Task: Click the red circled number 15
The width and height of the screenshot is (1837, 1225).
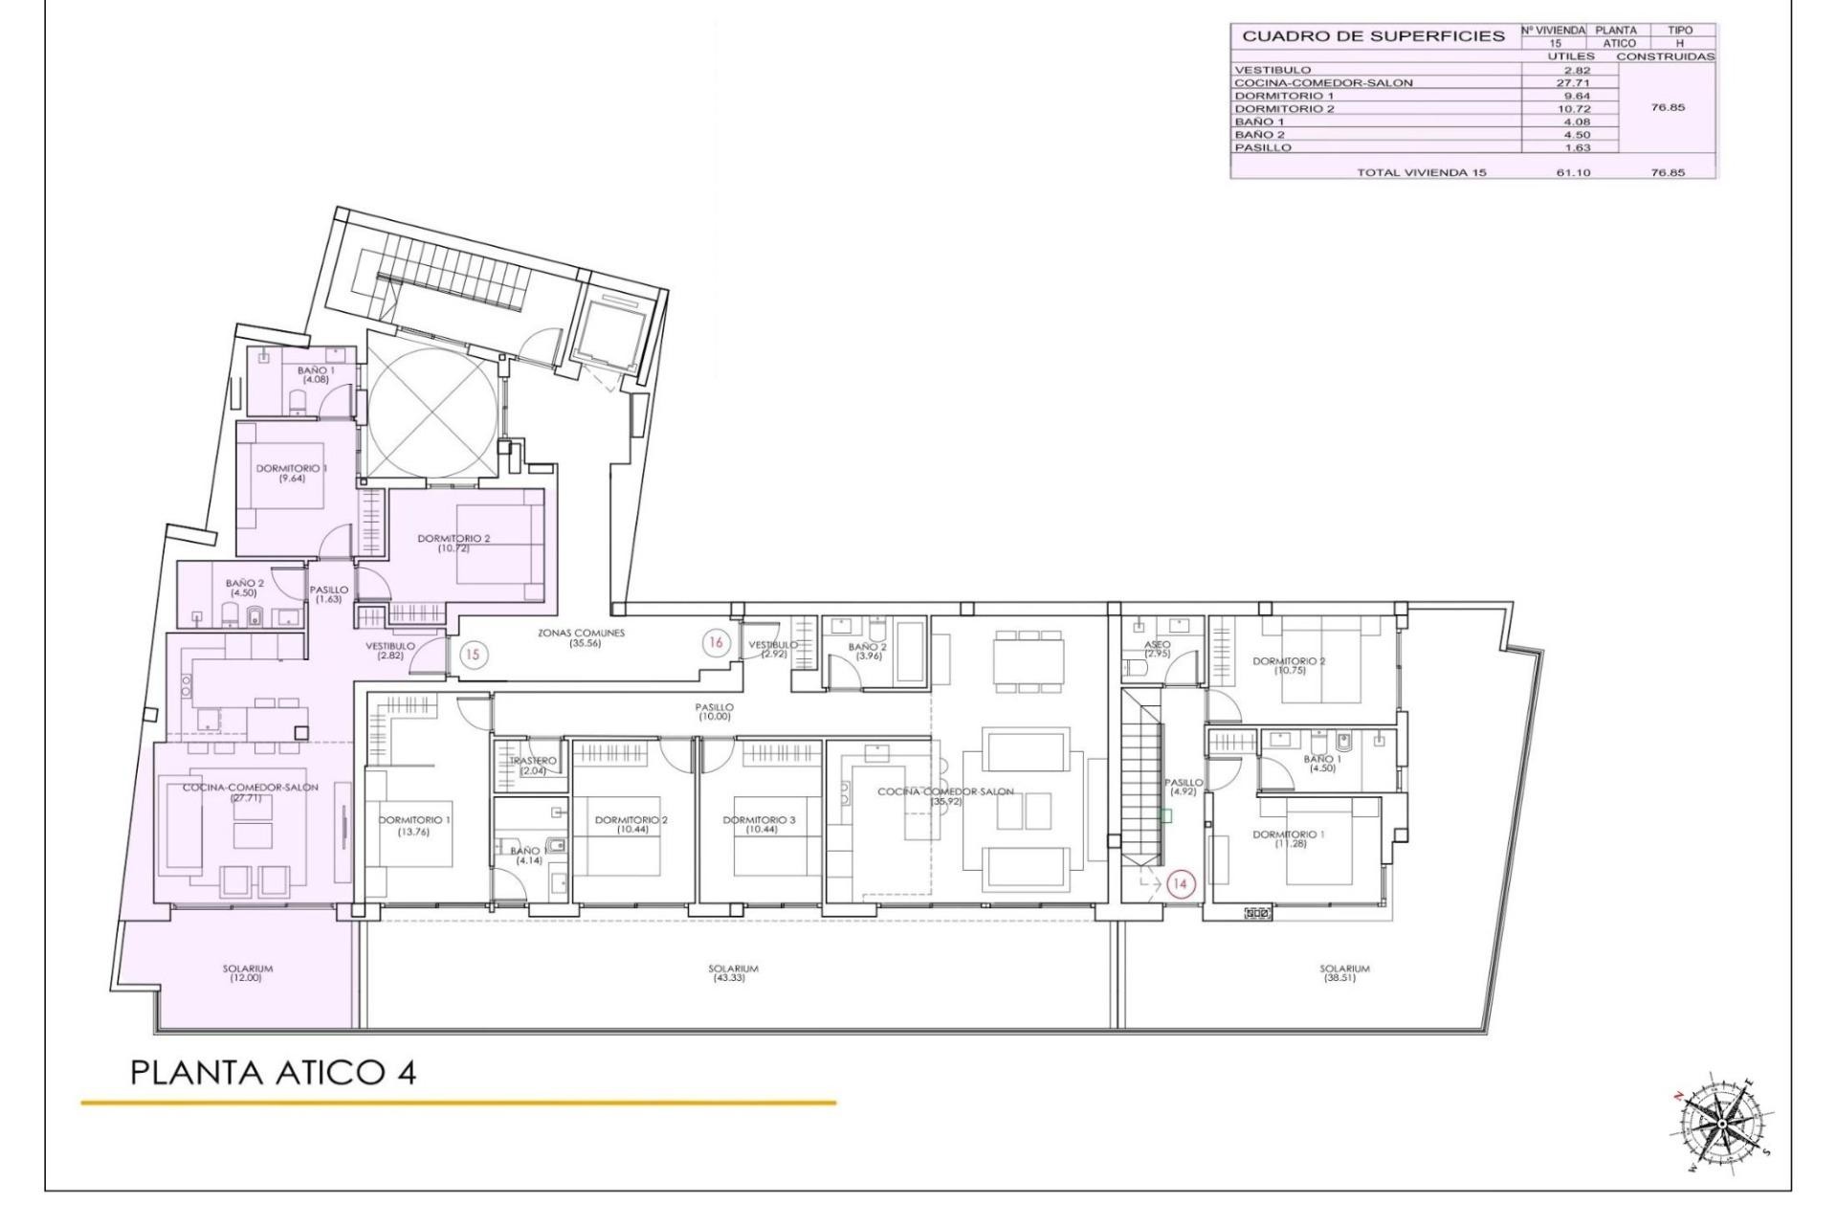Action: pyautogui.click(x=473, y=656)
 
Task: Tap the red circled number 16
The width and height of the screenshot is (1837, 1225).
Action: pyautogui.click(x=716, y=642)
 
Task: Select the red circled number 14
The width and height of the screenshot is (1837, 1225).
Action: pyautogui.click(x=1180, y=884)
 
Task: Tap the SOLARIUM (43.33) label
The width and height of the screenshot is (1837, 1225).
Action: pyautogui.click(x=733, y=973)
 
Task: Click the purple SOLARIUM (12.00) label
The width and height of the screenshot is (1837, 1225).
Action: pyautogui.click(x=248, y=973)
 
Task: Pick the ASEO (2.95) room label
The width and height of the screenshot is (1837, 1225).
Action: pyautogui.click(x=1157, y=649)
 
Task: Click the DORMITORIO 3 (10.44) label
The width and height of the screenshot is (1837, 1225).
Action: pyautogui.click(x=759, y=825)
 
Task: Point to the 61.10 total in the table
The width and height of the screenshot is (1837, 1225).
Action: pyautogui.click(x=1573, y=172)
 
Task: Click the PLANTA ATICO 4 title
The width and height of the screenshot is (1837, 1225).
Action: pyautogui.click(x=273, y=1072)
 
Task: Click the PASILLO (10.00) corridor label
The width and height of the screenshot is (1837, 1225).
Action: pyautogui.click(x=714, y=711)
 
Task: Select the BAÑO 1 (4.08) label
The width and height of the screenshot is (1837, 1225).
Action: pyautogui.click(x=316, y=374)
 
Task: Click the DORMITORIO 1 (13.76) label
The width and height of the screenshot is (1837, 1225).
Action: pyautogui.click(x=414, y=826)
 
